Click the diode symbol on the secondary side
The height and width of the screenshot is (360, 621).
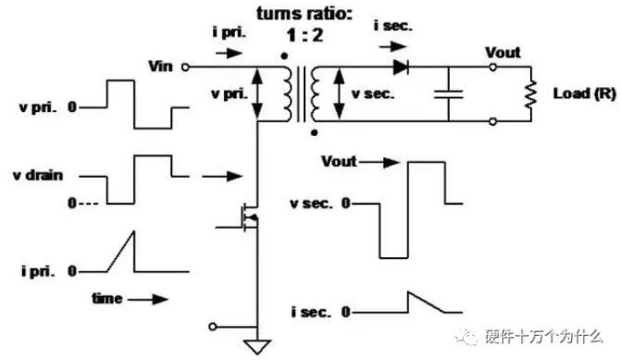401,67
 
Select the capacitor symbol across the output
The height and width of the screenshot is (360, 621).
448,94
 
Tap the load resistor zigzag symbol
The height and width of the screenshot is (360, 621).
530,93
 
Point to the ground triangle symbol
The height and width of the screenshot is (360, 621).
258,346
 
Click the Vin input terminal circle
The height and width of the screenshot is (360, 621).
185,68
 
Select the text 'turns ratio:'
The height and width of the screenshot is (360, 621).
304,14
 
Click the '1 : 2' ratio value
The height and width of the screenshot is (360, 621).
304,35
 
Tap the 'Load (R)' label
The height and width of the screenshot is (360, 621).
585,93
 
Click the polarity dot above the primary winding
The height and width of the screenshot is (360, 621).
284,56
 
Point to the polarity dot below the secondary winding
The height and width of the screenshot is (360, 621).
314,132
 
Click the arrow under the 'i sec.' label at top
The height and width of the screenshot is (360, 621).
393,46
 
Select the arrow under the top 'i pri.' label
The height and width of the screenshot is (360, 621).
229,53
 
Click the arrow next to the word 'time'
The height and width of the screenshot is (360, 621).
148,300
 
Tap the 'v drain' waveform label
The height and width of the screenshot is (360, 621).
38,175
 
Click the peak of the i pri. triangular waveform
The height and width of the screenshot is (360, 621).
134,231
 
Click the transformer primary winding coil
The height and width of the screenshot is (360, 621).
287,93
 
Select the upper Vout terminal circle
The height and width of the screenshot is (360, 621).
492,68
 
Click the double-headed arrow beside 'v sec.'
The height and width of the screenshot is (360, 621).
339,93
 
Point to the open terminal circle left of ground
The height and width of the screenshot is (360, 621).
213,327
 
